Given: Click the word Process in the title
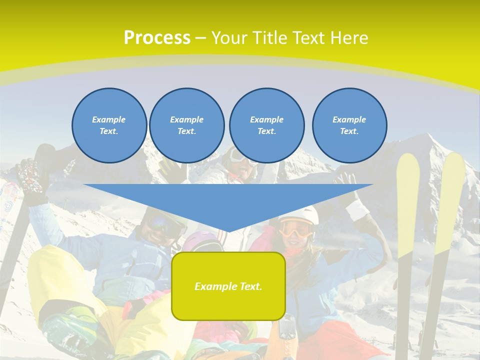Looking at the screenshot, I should pos(157,38).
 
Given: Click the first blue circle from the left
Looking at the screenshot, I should pos(109,125).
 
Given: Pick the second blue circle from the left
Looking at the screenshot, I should pos(187,125).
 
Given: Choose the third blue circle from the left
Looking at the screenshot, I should pos(266,125).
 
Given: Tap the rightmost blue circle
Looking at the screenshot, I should pos(349,125).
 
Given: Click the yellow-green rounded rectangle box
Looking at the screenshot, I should pos(228,286).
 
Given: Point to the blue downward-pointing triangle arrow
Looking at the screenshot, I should pos(228,205).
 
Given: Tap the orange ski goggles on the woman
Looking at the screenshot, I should pos(296,229).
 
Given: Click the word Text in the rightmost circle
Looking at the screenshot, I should pos(349,131).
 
